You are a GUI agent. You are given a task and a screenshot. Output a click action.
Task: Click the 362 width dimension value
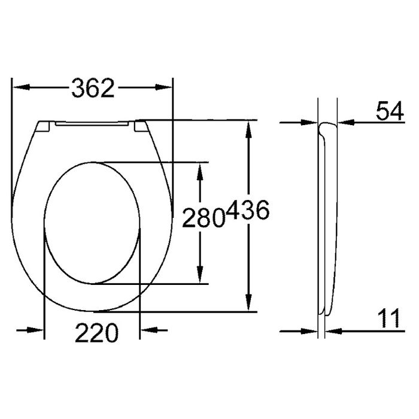pos(93,89)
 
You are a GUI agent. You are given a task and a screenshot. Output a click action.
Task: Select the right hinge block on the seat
pos(140,126)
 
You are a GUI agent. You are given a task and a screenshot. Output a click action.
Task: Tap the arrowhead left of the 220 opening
pos(37,330)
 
